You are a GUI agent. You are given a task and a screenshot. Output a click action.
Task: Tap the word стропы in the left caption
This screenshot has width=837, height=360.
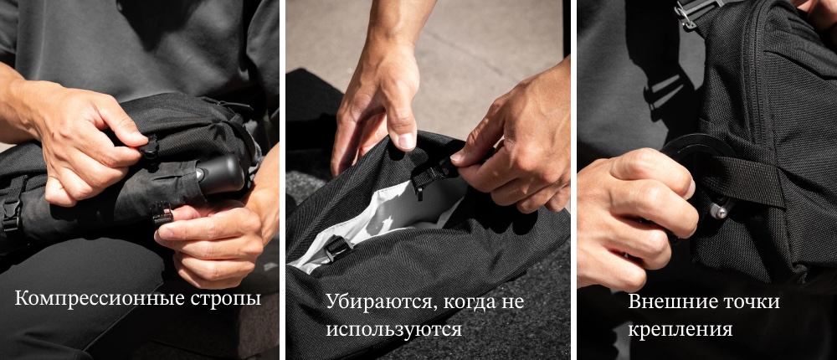point(225,299)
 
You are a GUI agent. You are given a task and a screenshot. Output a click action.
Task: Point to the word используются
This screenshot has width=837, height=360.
point(394,329)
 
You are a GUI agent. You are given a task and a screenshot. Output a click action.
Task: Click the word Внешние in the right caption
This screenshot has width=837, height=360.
point(665,301)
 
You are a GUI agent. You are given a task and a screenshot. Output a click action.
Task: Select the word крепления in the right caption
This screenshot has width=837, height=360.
point(680,329)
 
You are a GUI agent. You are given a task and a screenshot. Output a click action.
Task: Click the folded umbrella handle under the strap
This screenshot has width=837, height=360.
point(219,174)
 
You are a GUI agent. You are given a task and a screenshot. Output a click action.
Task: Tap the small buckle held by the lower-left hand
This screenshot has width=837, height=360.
point(162,213)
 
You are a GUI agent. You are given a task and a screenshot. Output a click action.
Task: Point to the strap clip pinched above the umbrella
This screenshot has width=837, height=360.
point(149,147)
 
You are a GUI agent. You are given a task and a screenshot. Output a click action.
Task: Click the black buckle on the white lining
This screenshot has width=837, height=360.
point(338,248)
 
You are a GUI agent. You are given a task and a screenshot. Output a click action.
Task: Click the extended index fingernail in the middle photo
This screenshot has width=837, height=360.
point(407,141)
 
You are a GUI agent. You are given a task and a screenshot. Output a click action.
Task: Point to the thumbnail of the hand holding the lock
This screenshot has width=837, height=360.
point(689,188)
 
